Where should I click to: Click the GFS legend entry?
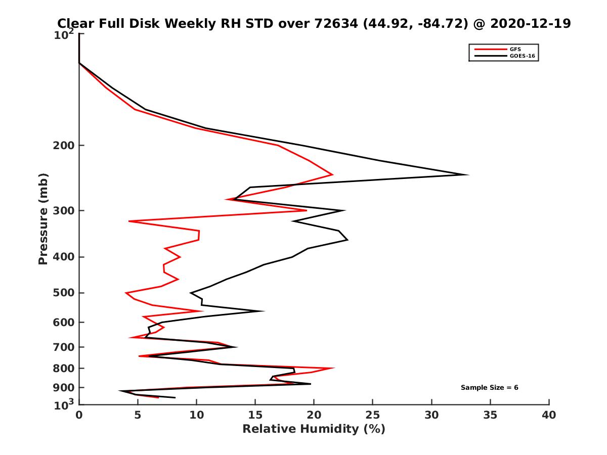click(515, 49)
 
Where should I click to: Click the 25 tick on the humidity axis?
click(373, 415)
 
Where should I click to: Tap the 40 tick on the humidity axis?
click(549, 415)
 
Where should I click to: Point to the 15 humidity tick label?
click(255, 415)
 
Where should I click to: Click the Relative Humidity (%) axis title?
click(314, 429)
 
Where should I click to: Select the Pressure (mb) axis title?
click(43, 218)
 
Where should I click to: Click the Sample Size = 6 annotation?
click(489, 388)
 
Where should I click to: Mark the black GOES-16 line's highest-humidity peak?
click(468, 175)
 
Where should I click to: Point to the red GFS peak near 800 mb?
click(334, 368)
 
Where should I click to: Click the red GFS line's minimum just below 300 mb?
click(129, 221)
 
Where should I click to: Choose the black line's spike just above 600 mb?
click(264, 311)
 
